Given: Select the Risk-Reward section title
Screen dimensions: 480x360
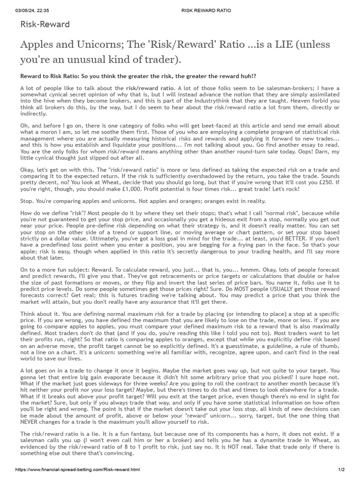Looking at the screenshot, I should pos(45,25).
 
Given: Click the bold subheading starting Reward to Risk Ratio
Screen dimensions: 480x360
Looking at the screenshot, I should pos(138,76).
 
